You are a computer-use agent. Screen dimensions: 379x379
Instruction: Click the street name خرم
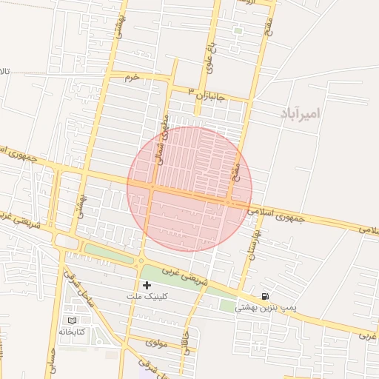(133, 77)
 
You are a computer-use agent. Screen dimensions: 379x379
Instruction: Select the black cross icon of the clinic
(147, 285)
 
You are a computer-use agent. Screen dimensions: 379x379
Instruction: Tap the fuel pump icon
(265, 295)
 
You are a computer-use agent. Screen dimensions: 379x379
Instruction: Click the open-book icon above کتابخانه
(72, 320)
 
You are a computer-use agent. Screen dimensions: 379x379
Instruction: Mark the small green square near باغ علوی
(238, 31)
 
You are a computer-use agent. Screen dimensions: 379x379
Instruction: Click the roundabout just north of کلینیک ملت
(141, 261)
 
